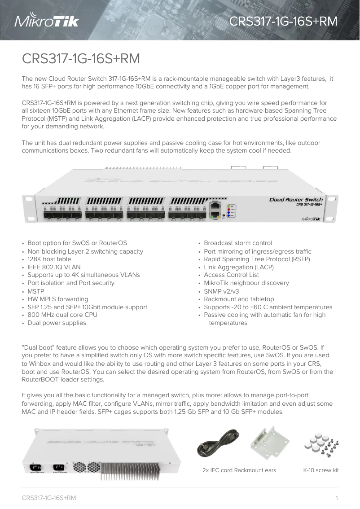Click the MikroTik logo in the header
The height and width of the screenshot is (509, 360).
coord(47,21)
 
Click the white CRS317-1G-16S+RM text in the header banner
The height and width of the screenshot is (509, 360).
coord(283,22)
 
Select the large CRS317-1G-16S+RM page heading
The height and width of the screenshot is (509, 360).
coord(81,59)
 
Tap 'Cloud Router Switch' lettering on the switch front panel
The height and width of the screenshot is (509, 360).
coord(296,199)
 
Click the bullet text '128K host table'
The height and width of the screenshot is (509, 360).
coord(49,259)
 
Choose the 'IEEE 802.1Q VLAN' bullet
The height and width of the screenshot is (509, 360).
coord(54,267)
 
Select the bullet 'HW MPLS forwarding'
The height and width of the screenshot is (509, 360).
coord(58,299)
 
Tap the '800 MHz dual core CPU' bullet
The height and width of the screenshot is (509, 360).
coord(62,315)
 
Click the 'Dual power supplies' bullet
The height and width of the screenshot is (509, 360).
coord(57,323)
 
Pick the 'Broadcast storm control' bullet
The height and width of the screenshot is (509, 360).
coord(238,243)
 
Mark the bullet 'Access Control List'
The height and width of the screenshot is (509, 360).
coord(231,275)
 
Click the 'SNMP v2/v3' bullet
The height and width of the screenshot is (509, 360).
coord(221,291)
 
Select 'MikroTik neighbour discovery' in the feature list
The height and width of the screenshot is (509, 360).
coord(246,283)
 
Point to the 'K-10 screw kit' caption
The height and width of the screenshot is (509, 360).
coord(321,470)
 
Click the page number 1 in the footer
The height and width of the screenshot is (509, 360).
coord(336,498)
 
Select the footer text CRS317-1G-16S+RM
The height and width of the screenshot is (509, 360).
coord(49,498)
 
